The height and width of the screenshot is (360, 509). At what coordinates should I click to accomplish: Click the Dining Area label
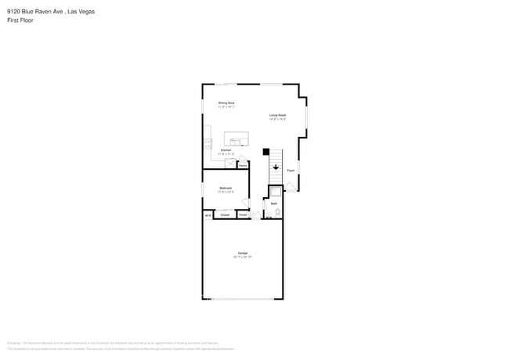click(226, 103)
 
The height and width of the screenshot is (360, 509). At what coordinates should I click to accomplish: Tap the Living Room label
click(277, 116)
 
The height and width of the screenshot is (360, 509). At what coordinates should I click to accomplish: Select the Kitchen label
click(226, 149)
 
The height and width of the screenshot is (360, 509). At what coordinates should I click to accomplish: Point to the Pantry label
click(242, 165)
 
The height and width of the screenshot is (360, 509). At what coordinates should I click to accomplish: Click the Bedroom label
click(225, 188)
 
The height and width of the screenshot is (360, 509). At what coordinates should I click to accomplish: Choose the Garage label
click(243, 253)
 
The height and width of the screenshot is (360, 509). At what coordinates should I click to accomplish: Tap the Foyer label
click(291, 170)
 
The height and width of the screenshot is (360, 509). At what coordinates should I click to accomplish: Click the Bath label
click(274, 203)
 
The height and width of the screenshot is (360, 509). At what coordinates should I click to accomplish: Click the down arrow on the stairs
click(276, 166)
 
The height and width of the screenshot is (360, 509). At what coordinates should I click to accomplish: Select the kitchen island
click(236, 139)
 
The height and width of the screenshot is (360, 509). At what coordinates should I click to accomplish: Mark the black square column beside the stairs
click(265, 151)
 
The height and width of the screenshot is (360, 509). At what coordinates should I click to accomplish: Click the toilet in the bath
click(277, 212)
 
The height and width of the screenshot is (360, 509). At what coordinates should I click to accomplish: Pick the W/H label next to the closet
click(208, 214)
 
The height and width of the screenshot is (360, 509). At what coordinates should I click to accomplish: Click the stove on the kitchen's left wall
click(208, 143)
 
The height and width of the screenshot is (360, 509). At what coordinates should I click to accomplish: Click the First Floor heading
click(20, 20)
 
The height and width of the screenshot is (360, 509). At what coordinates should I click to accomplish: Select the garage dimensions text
click(242, 257)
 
